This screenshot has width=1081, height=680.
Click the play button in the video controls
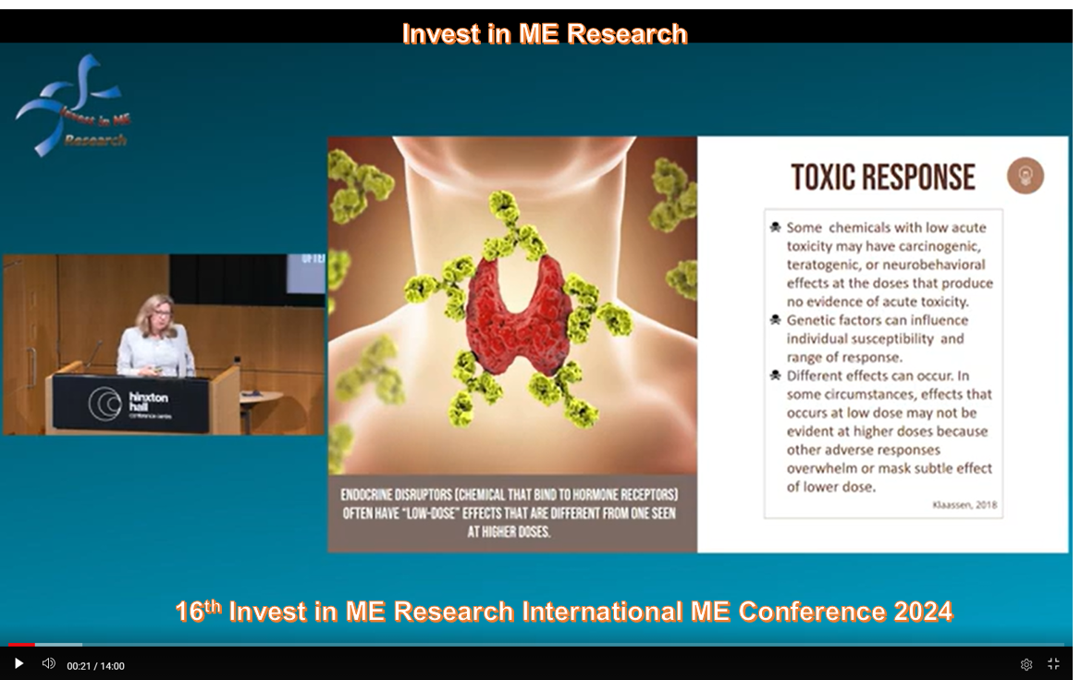coord(18,663)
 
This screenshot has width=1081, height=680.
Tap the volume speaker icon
coord(49,663)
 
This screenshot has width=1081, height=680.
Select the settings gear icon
coord(1026,664)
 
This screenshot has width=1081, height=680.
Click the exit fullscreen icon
coord(1053,664)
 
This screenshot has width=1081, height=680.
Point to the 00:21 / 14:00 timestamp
coord(95,666)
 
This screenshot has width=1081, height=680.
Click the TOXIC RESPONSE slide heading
coord(883,177)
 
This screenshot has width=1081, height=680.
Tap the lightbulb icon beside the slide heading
coord(1026,176)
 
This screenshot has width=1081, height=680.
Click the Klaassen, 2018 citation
coord(964,505)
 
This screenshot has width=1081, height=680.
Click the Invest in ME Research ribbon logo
coord(71,105)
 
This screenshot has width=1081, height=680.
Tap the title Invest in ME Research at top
coord(545,33)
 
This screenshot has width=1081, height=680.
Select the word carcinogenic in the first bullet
coord(937,245)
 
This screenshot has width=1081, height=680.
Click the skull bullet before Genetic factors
coord(775,320)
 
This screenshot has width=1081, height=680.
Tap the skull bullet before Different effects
coord(775,376)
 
